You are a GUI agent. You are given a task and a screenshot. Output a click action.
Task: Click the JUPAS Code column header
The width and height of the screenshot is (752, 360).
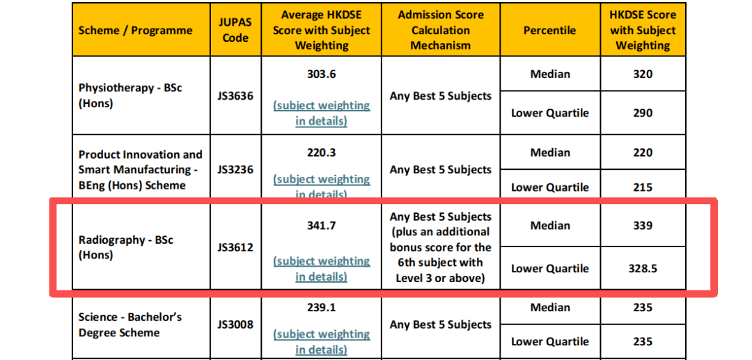[x=235, y=30]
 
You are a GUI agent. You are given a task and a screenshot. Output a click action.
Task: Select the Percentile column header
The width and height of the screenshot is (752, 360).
[x=549, y=30]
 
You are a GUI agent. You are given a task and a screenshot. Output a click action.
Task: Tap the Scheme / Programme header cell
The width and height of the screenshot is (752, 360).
[x=135, y=30]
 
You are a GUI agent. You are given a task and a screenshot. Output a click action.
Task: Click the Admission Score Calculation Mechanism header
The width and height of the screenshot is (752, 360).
[x=441, y=30]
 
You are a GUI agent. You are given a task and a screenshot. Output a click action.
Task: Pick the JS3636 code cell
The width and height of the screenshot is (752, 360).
[x=235, y=95]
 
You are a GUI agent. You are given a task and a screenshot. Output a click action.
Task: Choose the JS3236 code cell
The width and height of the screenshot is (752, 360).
[x=235, y=170]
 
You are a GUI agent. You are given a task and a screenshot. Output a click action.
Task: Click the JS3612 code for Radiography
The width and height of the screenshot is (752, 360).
[x=235, y=247]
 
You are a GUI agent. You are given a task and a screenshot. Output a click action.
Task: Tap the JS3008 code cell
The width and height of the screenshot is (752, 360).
[x=235, y=324]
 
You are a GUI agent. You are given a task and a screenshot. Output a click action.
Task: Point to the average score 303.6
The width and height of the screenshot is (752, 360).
[x=321, y=75]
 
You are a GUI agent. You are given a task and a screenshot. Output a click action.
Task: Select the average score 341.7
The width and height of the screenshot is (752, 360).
[x=321, y=226]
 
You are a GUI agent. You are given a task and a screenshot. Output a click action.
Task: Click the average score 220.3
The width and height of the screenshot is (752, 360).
[x=321, y=153]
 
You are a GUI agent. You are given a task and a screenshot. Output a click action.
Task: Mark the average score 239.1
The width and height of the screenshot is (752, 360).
[x=321, y=308]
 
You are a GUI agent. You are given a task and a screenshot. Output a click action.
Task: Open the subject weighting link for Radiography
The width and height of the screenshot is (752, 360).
[x=321, y=269]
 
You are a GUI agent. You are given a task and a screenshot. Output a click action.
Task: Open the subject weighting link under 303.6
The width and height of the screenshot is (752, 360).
[x=321, y=113]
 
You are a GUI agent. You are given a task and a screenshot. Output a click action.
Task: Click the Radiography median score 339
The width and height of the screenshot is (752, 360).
[x=643, y=226]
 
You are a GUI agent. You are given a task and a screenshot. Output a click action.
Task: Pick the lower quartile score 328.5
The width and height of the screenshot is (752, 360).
[x=643, y=269]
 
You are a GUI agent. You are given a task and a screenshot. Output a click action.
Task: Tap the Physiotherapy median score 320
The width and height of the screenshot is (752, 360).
[x=643, y=75]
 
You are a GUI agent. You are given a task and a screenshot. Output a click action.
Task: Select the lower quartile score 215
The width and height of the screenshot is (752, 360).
[x=643, y=187]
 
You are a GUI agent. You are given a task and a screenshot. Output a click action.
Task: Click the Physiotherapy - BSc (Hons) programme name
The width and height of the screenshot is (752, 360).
[x=130, y=95]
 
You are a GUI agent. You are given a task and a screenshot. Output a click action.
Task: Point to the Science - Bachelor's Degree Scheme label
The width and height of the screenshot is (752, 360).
[x=130, y=324]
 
